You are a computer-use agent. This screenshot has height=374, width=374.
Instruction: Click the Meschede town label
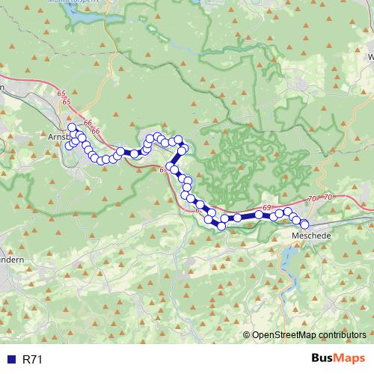pos(310,236)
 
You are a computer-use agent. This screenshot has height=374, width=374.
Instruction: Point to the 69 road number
pos(266,206)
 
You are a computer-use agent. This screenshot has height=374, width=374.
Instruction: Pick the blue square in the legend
pos(11,360)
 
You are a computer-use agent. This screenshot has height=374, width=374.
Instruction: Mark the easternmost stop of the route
pos(304,224)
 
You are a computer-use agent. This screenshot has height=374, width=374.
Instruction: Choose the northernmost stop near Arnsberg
pos(72,128)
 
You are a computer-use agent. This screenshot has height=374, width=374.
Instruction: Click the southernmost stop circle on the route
pos(221,226)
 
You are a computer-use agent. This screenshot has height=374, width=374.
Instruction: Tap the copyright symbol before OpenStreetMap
pos(248,334)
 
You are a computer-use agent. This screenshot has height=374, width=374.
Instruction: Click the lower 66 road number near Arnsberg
pos(95,131)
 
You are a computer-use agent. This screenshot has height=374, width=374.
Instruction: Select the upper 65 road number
pos(60,92)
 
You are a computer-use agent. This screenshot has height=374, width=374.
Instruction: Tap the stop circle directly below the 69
pos(259,215)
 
